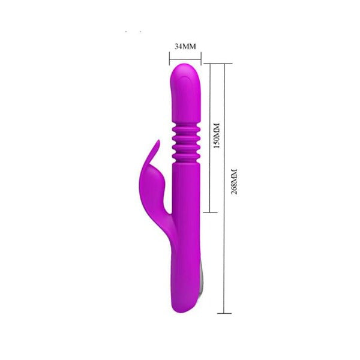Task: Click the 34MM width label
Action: (185, 46)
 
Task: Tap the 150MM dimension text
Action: (217, 136)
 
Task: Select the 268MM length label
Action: (234, 182)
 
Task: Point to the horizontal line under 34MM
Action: (185, 59)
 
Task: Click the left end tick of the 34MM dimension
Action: (170, 59)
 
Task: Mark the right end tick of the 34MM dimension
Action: (201, 59)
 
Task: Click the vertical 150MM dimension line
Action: (210, 138)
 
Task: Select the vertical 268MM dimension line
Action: (224, 188)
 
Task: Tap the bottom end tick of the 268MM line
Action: (224, 313)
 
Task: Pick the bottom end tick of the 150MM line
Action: (210, 212)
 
